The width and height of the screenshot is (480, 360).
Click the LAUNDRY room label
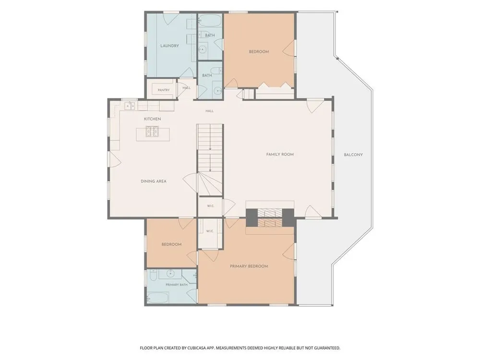[169, 46]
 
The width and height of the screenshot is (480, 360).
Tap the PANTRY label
[164, 90]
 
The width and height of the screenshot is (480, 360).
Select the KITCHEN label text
[153, 119]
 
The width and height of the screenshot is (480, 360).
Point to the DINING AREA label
[154, 181]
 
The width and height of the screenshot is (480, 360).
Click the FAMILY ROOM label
[280, 155]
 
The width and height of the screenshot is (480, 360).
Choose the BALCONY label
[353, 155]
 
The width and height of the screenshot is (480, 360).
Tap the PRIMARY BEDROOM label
[249, 266]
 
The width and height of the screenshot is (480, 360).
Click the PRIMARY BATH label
[177, 285]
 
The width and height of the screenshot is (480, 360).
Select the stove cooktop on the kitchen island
[152, 132]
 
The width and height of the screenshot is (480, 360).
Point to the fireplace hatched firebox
[269, 217]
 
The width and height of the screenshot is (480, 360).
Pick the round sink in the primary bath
[170, 274]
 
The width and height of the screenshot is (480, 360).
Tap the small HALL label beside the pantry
[186, 88]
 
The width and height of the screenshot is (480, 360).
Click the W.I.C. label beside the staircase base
[210, 206]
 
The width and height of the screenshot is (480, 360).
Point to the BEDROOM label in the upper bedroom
[259, 52]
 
